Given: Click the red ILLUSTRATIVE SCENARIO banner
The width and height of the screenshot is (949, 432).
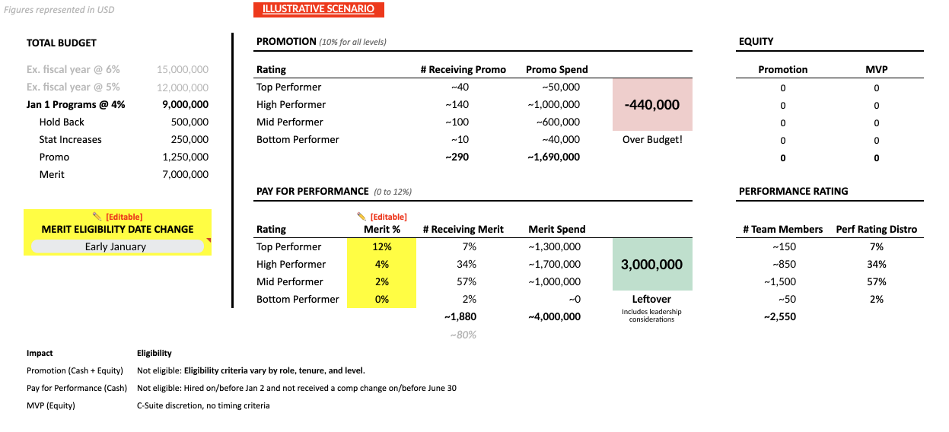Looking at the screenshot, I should (x=318, y=9).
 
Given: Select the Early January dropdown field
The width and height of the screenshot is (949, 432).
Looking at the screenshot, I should (x=116, y=246).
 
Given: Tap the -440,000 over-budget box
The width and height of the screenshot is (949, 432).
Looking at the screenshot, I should (x=652, y=105).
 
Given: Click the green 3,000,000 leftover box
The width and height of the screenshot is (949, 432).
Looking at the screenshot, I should (x=652, y=265).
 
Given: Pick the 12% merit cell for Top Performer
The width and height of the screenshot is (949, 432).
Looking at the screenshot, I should (x=381, y=246).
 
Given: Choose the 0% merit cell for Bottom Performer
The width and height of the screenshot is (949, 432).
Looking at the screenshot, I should (x=381, y=299).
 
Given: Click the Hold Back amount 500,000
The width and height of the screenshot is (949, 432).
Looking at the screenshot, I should (x=189, y=122).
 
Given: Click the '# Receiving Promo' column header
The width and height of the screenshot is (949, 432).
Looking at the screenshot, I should (x=463, y=69).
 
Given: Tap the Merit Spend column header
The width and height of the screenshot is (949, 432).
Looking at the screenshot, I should (x=556, y=229).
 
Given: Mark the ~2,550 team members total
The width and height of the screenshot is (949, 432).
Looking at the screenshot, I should (x=779, y=316).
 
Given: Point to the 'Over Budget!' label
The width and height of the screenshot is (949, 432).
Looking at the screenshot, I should (x=652, y=139).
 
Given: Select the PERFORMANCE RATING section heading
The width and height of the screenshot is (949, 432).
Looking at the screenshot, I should (x=793, y=191).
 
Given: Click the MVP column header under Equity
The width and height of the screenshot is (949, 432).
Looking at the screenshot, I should (x=876, y=69).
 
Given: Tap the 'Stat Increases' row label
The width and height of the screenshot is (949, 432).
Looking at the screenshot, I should (x=70, y=139).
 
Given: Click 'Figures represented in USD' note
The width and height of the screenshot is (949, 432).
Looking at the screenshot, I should (x=59, y=10).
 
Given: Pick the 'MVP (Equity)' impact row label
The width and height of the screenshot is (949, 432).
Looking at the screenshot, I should (x=51, y=405).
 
